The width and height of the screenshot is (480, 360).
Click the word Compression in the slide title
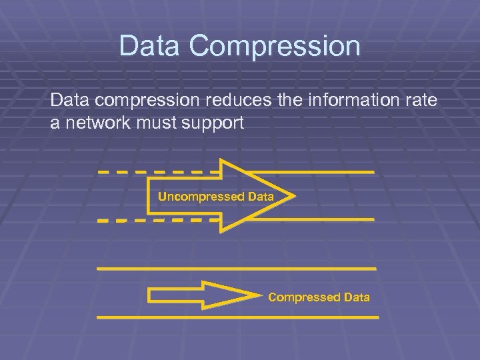point(275,47)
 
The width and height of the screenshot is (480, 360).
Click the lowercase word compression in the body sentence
point(139,101)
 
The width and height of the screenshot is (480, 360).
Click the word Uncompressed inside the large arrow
point(200,197)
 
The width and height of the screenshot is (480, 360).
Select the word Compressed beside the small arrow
point(304,297)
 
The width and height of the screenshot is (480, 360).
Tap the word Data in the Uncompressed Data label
point(260,197)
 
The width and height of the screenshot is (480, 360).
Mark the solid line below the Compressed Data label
point(237,318)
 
